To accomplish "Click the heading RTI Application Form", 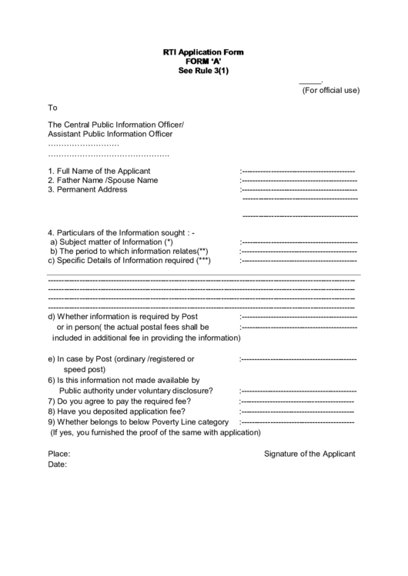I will click(x=202, y=52).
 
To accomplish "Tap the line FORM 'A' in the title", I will click(x=202, y=62).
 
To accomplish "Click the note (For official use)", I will click(x=330, y=91).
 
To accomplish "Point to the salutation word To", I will click(x=52, y=108).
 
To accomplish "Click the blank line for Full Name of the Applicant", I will click(x=298, y=171).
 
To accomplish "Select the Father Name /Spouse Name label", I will click(x=102, y=180).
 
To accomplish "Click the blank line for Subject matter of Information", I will click(x=299, y=242).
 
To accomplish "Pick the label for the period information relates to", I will click(x=129, y=251).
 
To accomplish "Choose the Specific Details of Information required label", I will click(x=129, y=261).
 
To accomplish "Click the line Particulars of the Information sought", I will click(x=122, y=232).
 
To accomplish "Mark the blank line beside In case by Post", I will click(x=299, y=359).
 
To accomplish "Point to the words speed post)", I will click(x=89, y=369).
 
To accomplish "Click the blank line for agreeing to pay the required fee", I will click(x=297, y=401).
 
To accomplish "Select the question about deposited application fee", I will click(x=116, y=411).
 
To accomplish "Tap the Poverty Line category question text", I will click(x=138, y=422).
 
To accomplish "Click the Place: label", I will click(x=59, y=454).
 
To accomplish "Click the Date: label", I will click(x=58, y=464).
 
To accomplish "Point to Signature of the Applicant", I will click(x=309, y=454).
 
